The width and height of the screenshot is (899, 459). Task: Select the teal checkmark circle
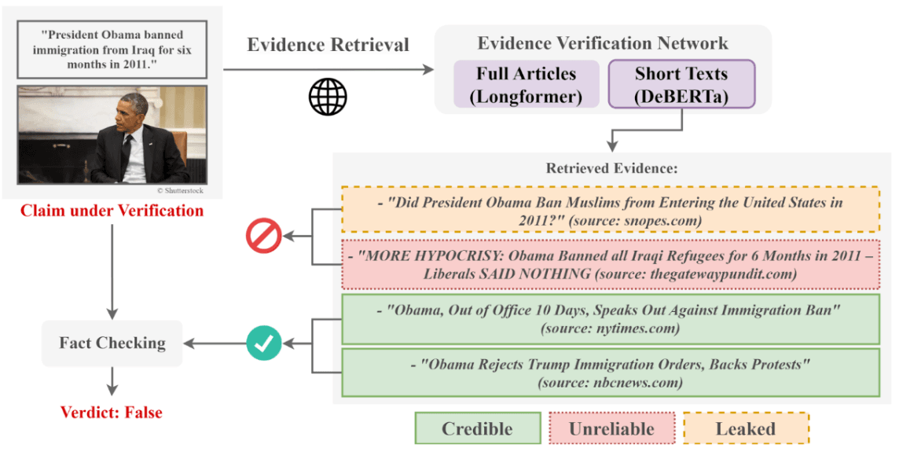pos(264,343)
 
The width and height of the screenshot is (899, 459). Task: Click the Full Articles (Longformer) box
pos(526,85)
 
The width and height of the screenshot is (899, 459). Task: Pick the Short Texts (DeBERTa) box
pos(681,85)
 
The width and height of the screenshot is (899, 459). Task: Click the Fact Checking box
pos(112,343)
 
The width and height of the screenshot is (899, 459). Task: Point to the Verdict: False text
pos(112,413)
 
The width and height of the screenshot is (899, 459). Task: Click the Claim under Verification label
pos(112,211)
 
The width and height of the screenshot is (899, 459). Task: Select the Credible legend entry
pos(477,429)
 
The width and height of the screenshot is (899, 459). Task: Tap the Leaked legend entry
pos(745,429)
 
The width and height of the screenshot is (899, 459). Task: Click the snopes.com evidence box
pos(610,211)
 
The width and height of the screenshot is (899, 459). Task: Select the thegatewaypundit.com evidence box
pos(610,265)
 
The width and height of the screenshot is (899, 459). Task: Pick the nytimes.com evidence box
pos(610,319)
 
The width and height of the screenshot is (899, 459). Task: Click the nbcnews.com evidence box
pos(610,373)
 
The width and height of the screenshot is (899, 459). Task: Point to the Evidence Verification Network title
pos(603,43)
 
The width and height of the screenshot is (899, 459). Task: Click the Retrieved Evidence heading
pos(611,168)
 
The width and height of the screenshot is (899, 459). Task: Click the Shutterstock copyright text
pos(181,189)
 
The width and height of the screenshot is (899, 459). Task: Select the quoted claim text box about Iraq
pos(112,50)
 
